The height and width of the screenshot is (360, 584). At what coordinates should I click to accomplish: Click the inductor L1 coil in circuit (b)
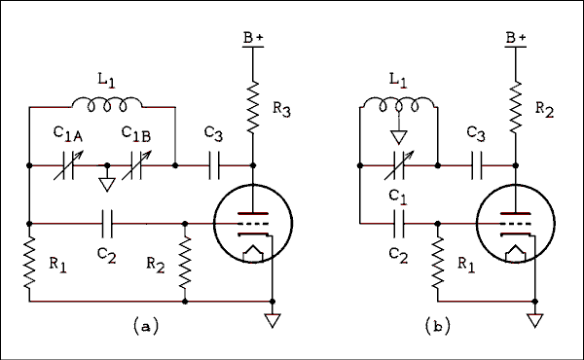(x=398, y=102)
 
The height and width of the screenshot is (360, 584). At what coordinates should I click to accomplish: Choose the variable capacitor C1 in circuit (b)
(x=398, y=165)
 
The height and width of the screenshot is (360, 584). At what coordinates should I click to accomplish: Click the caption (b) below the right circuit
(x=440, y=328)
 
